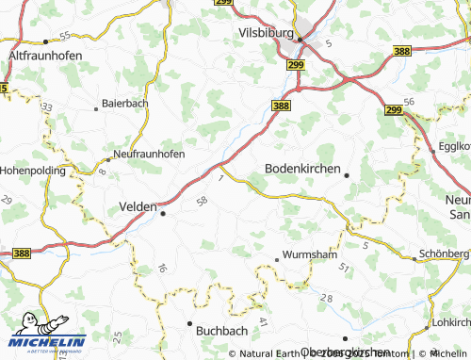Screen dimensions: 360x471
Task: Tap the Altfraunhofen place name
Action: [44, 56]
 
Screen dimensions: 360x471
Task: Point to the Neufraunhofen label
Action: [148, 153]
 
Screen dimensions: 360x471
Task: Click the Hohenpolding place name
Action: [32, 172]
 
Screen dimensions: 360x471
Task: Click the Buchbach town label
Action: [223, 331]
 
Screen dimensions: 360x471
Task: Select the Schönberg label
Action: [444, 255]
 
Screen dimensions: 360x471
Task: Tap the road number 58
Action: [201, 201]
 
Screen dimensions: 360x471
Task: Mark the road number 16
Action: [162, 269]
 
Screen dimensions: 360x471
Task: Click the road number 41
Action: [263, 323]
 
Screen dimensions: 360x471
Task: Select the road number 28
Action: [326, 298]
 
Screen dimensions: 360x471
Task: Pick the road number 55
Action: [64, 35]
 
